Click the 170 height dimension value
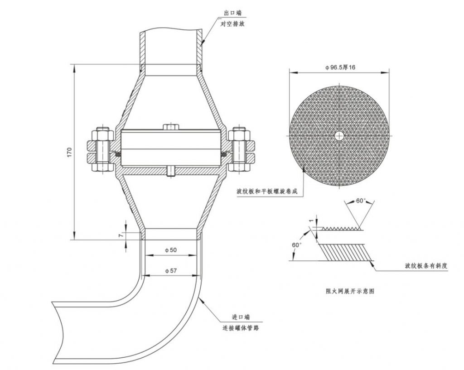coord(69,152)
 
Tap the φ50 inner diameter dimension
coord(171,250)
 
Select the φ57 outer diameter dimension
coord(171,271)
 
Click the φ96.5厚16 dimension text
coord(340,67)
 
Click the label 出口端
coord(232,13)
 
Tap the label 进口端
coord(241,317)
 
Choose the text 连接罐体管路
coord(241,328)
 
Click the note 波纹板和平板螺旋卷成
coord(266,192)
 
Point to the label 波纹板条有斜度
coord(426,266)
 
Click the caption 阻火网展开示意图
coord(350,291)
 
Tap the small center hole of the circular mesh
coord(339,136)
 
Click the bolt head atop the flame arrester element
coord(171,127)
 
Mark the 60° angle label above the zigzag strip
coord(361,201)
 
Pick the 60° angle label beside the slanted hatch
coord(297,245)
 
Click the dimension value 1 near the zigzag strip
coord(311,221)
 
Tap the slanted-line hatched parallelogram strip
coord(345,252)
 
